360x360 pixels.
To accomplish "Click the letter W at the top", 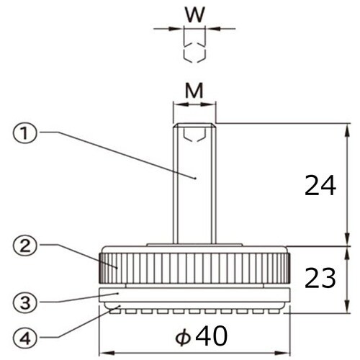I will (194, 14).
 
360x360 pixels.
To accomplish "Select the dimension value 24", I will (320, 186).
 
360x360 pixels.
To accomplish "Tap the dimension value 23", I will (320, 278).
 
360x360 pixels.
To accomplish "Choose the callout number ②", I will (24, 245).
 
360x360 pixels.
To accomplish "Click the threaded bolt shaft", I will (194, 202).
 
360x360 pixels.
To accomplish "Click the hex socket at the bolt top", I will (194, 132).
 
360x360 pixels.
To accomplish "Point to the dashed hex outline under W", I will (194, 52).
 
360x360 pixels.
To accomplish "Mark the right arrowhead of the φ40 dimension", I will (286, 352).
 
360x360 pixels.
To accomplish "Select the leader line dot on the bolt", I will (196, 176).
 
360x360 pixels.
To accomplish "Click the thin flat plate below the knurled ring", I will (194, 294).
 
